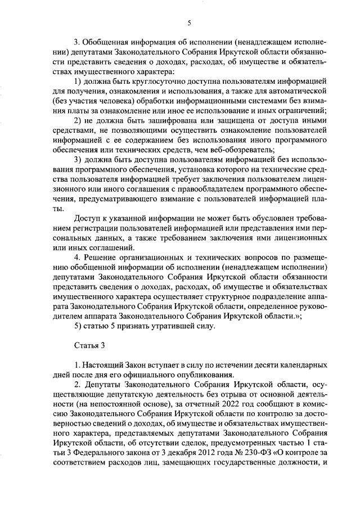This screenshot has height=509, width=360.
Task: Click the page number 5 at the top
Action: [x=190, y=22]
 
